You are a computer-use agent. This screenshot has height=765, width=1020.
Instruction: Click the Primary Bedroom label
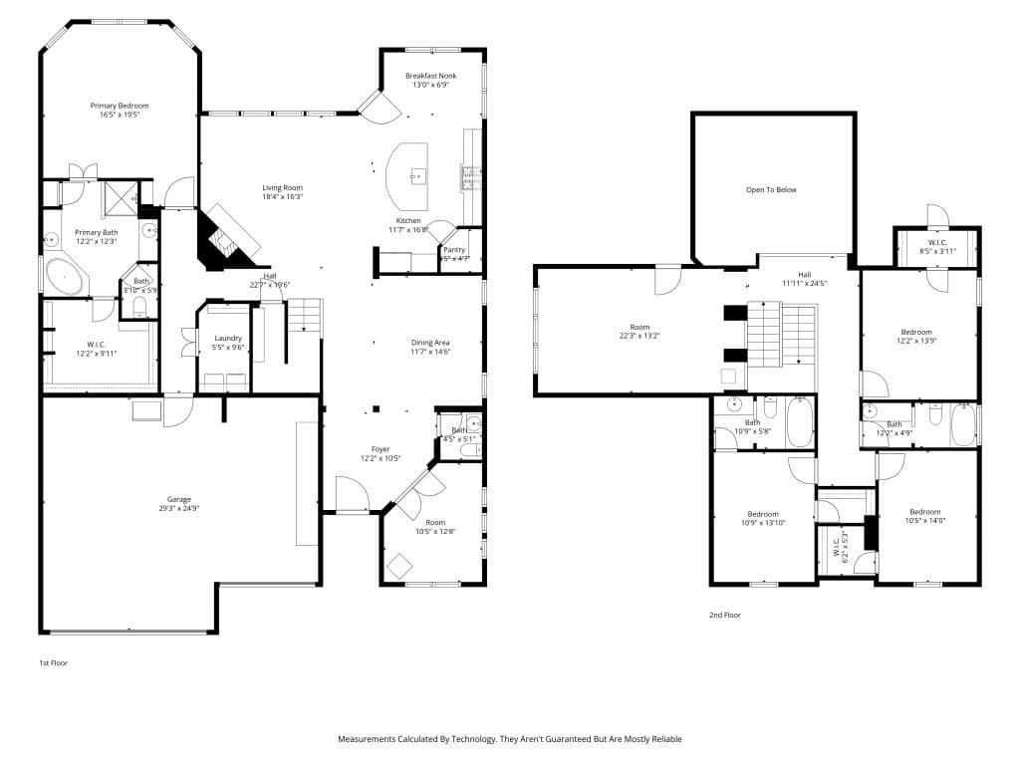120,106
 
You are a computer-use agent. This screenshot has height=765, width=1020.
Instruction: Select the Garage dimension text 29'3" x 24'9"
179,508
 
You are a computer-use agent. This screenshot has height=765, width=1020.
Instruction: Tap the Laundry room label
228,339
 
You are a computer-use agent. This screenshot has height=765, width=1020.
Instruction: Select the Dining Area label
430,343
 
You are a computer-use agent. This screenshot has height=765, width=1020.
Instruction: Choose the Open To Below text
772,189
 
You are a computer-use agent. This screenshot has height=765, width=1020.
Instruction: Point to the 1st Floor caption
54,662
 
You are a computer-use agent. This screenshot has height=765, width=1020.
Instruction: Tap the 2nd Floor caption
724,616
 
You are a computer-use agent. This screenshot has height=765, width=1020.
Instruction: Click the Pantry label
454,250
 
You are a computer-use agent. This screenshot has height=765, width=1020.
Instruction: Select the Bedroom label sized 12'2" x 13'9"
916,332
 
